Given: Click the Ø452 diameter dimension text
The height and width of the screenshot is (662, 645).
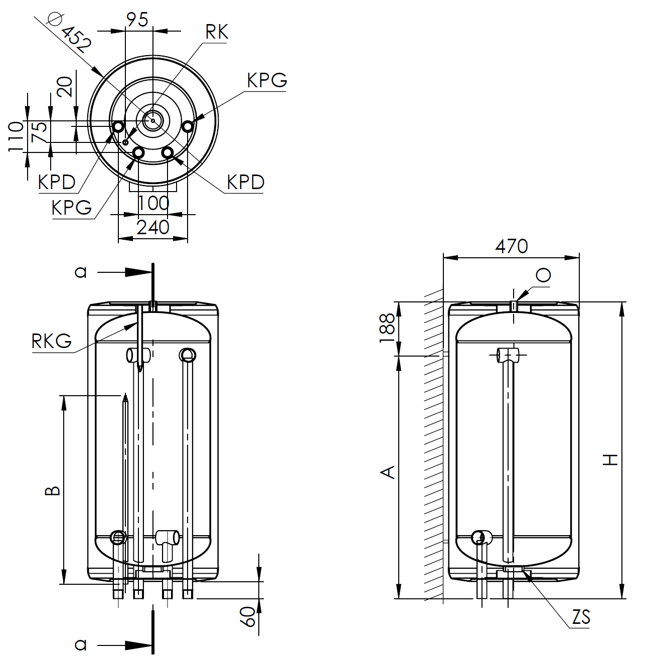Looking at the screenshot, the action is (x=70, y=33).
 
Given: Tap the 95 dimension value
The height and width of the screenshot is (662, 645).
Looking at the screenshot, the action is (x=137, y=20).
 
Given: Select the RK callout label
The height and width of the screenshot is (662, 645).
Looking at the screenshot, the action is (x=217, y=32).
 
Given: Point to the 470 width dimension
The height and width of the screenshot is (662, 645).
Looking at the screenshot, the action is (x=511, y=246).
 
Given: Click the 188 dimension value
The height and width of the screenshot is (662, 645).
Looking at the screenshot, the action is (x=387, y=328).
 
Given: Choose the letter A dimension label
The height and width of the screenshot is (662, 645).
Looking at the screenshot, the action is (x=388, y=472).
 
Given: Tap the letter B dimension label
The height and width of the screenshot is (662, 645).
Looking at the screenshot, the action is (x=53, y=490).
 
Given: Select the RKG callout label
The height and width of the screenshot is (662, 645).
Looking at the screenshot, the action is (x=52, y=341).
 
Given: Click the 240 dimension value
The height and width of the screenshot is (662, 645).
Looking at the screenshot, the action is (x=153, y=227).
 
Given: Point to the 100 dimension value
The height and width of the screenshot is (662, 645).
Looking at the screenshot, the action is (x=153, y=204).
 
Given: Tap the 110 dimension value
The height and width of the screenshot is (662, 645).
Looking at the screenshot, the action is (x=16, y=137).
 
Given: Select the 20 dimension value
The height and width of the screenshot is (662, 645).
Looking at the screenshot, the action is (x=65, y=87).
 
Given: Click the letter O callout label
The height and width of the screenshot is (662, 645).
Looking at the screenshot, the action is (x=543, y=275).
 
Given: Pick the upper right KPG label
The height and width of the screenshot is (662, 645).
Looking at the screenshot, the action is (x=267, y=80).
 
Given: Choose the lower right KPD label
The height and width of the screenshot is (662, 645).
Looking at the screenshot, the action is (x=246, y=182).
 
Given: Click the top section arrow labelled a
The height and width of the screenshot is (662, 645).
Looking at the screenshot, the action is (x=124, y=272).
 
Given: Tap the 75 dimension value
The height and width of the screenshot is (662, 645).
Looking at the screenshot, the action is (x=39, y=132).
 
